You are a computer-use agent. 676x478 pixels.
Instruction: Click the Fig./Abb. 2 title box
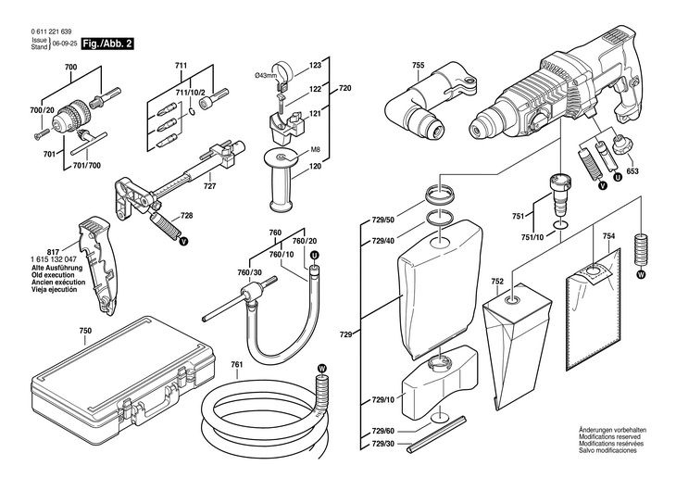click(108, 44)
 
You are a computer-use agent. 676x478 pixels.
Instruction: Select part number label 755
click(418, 66)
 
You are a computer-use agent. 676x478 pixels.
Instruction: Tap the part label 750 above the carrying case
click(85, 331)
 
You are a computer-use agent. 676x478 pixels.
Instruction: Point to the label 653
click(632, 171)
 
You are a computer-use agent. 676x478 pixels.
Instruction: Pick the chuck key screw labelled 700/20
click(39, 135)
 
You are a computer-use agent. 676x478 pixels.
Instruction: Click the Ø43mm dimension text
click(265, 75)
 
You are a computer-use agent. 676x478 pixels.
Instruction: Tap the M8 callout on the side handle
click(316, 151)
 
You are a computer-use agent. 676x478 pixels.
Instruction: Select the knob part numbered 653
click(620, 145)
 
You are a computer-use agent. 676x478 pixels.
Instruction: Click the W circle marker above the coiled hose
click(321, 368)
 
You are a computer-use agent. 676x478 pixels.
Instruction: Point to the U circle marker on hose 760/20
click(314, 256)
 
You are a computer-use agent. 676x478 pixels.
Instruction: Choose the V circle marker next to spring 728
click(183, 241)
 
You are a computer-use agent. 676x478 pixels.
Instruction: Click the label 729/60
click(382, 432)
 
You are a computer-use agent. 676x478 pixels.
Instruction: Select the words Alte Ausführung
click(56, 268)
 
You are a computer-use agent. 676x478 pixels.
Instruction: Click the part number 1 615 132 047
click(54, 259)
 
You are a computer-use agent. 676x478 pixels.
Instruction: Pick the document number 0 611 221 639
click(51, 31)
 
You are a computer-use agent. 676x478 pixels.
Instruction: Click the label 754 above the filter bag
click(608, 236)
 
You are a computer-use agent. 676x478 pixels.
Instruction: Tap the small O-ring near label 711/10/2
click(193, 112)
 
